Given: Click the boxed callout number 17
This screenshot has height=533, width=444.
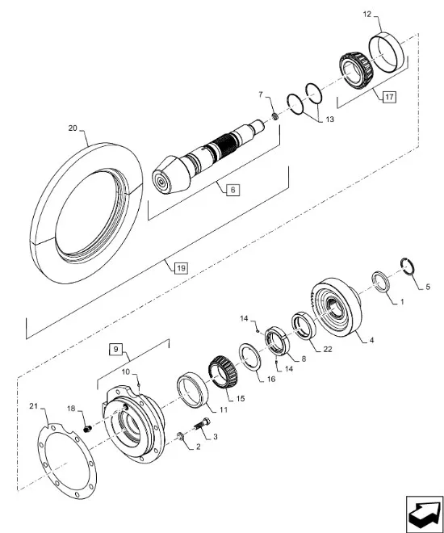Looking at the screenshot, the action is pos(389,97).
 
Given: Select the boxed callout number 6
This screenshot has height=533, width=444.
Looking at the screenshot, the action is pos(232,190).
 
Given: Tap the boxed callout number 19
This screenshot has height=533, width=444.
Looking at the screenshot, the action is pos(181,268).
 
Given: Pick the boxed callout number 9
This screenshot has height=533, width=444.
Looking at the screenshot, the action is pos(115,350).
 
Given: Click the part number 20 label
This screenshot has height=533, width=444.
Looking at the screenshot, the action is pos(73,128).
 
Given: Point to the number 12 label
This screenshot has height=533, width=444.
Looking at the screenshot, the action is pos(367,15).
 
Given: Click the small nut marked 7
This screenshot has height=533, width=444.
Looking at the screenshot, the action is pos(275,117).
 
